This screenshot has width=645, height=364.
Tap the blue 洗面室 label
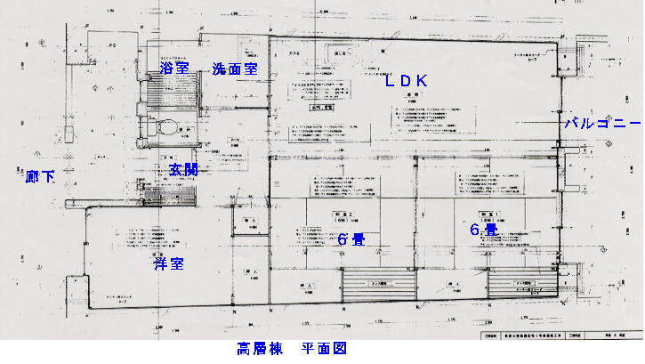(234, 69)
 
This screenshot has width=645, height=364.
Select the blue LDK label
(407, 81)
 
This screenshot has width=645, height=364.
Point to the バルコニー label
(602, 124)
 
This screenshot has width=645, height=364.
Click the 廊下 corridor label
(39, 176)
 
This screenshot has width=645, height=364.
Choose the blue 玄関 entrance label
(183, 170)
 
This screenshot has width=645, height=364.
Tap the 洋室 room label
(168, 263)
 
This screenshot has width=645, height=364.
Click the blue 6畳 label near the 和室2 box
(351, 239)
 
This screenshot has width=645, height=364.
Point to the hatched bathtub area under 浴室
(173, 88)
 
